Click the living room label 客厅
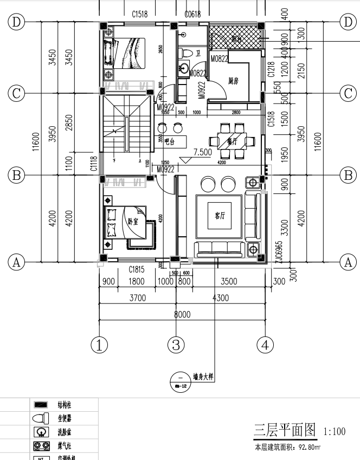click(220, 216)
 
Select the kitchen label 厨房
click(234, 81)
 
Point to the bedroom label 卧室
click(132, 221)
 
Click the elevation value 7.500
click(202, 152)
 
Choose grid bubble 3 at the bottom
click(176, 344)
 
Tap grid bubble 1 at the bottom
click(99, 344)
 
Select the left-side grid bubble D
click(17, 22)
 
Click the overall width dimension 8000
click(182, 314)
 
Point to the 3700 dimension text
click(138, 297)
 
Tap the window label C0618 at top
click(192, 14)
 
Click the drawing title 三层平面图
click(285, 431)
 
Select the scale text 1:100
click(334, 432)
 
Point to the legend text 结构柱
click(65, 405)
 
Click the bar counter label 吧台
click(170, 141)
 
